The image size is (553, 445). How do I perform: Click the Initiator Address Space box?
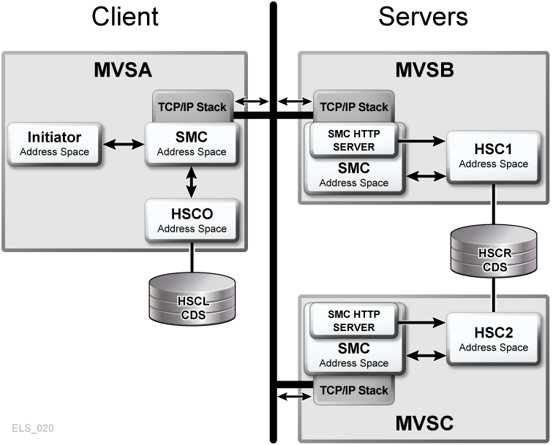(x=55, y=144)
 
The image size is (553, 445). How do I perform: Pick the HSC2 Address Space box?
(x=493, y=340)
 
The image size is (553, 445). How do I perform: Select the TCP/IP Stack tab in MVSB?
(x=353, y=107)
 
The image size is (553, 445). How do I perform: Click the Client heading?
(x=124, y=17)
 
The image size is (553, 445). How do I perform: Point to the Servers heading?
(x=423, y=17)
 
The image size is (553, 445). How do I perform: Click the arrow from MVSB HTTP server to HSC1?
(x=421, y=140)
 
